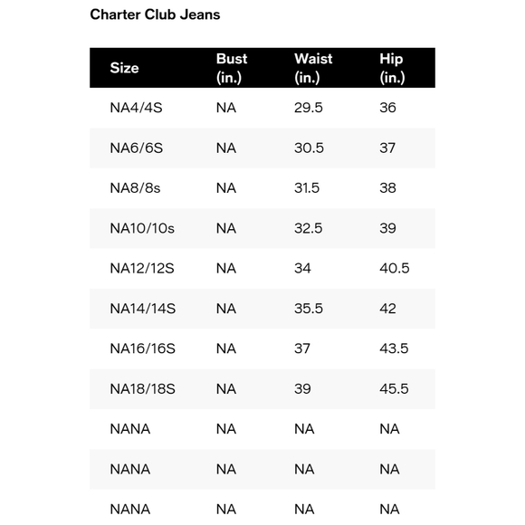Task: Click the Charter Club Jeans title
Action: pyautogui.click(x=155, y=14)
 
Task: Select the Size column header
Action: pyautogui.click(x=124, y=68)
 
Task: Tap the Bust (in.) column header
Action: pyautogui.click(x=232, y=68)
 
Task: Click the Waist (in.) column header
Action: pyautogui.click(x=313, y=68)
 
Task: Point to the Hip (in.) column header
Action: pyautogui.click(x=392, y=68)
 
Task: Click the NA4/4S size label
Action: pyautogui.click(x=142, y=108)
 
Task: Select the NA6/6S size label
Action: pyautogui.click(x=142, y=148)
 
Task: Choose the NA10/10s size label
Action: pyautogui.click(x=142, y=228)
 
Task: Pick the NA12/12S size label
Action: pyautogui.click(x=142, y=268)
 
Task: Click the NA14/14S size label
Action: pyautogui.click(x=142, y=309)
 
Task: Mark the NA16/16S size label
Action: pyautogui.click(x=142, y=348)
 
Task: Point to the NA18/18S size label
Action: pyautogui.click(x=142, y=388)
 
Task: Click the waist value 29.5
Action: pyautogui.click(x=309, y=108)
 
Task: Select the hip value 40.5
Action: pyautogui.click(x=395, y=268)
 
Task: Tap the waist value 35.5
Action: pyautogui.click(x=309, y=309)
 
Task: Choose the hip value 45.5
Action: pyautogui.click(x=395, y=388)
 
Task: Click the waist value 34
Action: pyautogui.click(x=302, y=268)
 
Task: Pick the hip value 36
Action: pyautogui.click(x=387, y=108)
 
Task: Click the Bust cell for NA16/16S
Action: pyautogui.click(x=225, y=348)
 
